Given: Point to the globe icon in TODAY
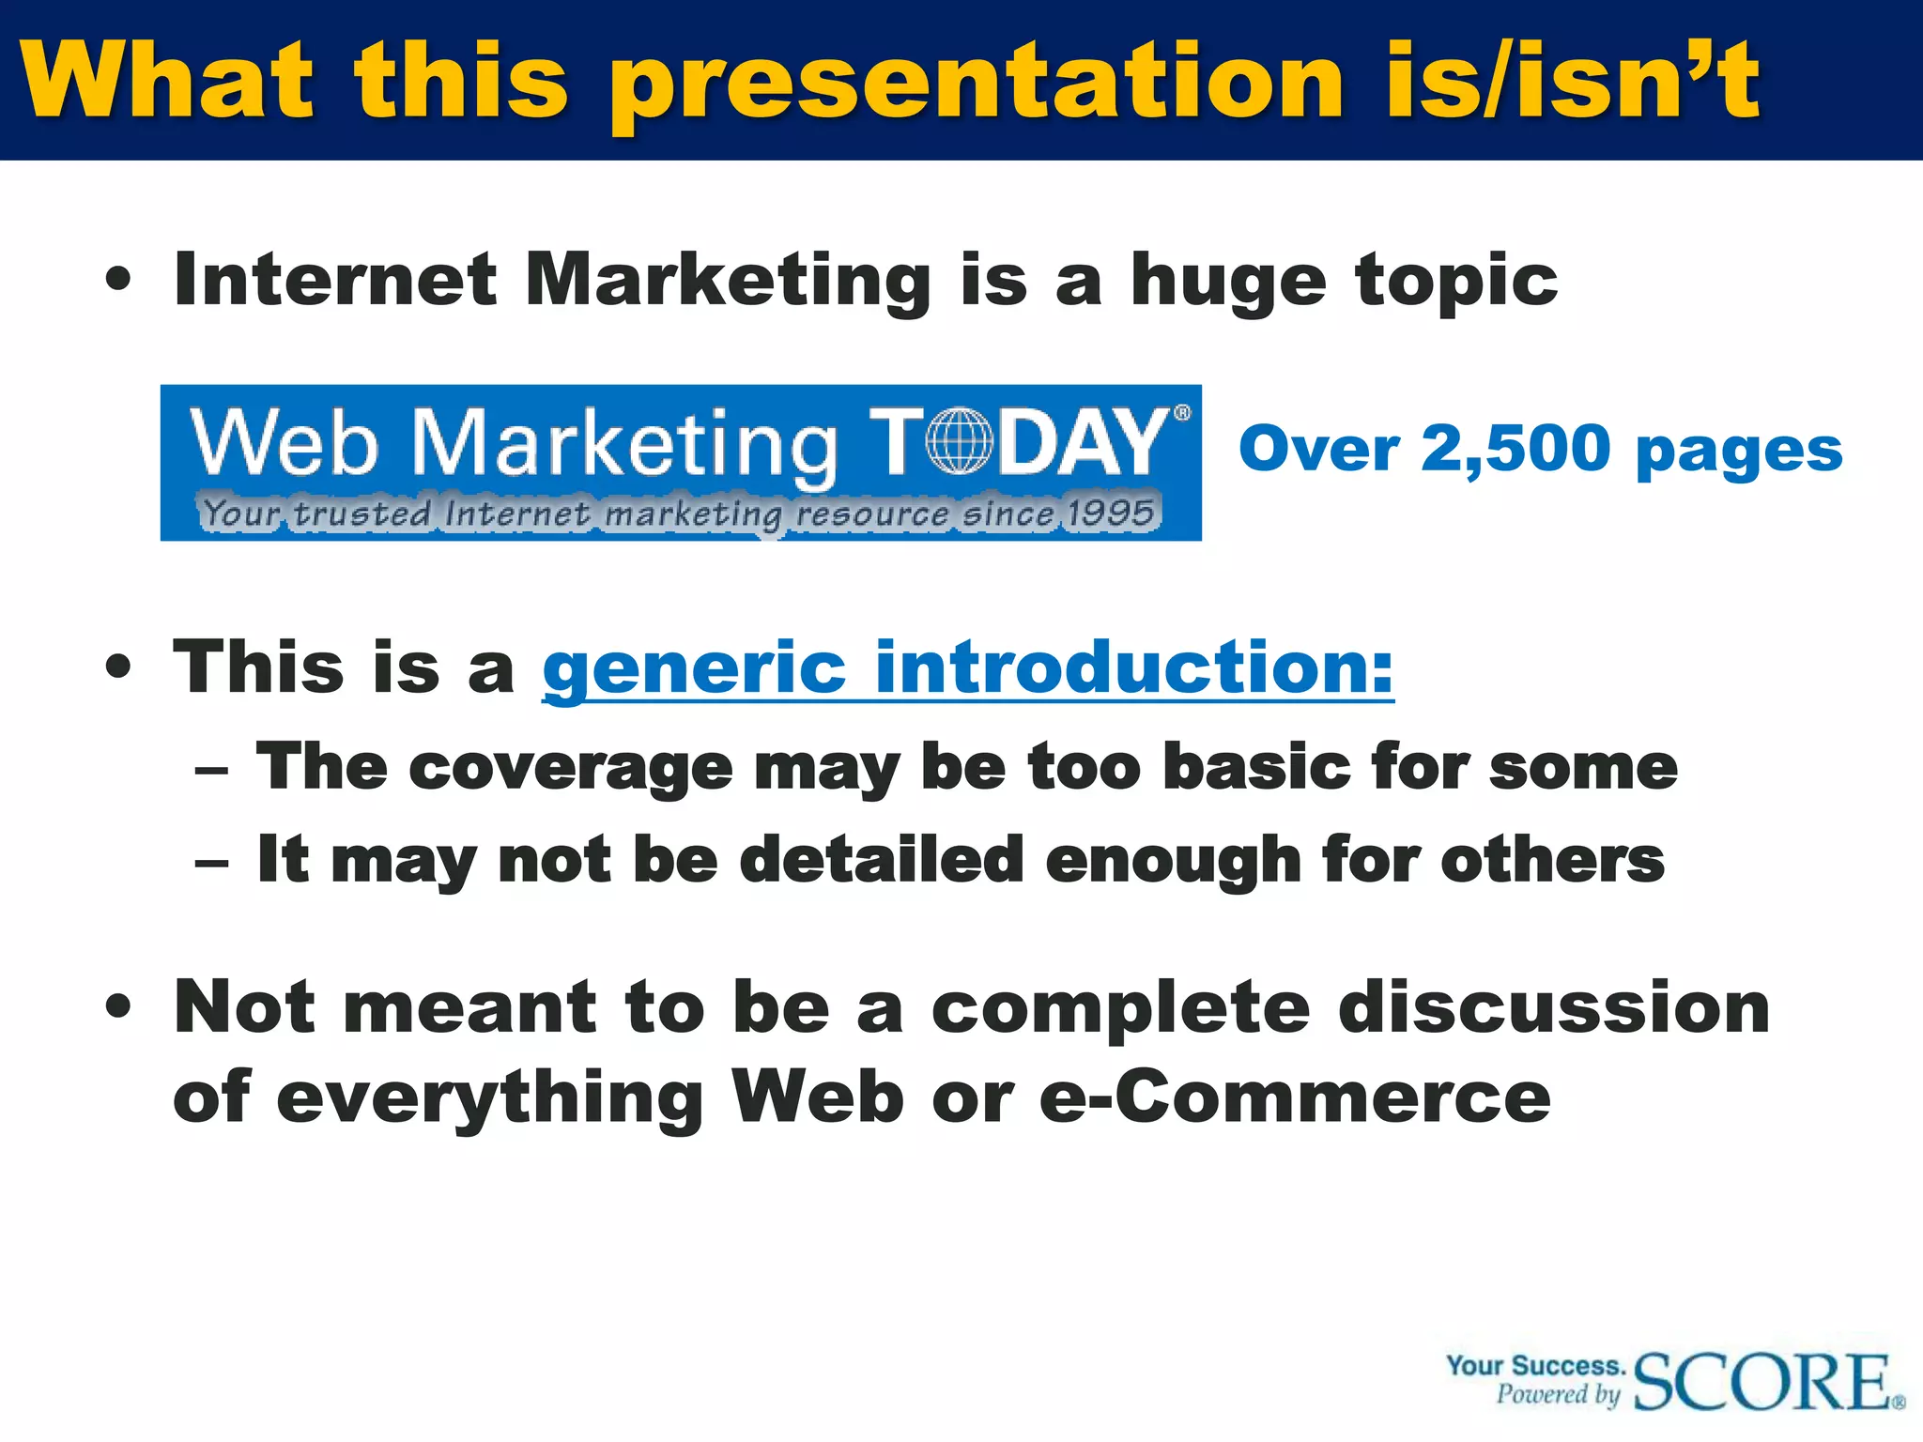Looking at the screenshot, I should (958, 440).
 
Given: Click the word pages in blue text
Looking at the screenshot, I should (1739, 453).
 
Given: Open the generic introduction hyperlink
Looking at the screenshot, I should (967, 668).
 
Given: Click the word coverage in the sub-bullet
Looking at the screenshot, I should (571, 769).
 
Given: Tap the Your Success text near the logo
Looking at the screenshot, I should (1535, 1365).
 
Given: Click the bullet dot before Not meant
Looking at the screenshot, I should (119, 1008).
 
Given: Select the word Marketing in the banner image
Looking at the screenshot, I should (623, 443).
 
